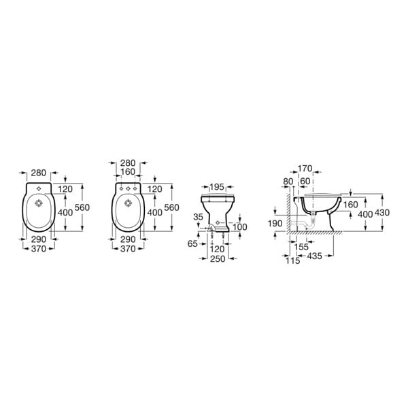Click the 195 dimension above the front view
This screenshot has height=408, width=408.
(x=217, y=187)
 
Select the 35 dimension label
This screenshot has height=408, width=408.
(x=198, y=217)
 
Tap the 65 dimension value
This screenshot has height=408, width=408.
(x=192, y=244)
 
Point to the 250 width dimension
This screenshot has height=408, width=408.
(x=218, y=258)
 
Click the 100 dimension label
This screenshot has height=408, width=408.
(x=239, y=227)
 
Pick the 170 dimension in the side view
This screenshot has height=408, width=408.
(x=305, y=169)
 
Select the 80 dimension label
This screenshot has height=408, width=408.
(x=288, y=182)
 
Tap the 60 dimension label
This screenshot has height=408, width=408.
(x=305, y=182)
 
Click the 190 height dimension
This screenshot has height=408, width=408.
(x=275, y=224)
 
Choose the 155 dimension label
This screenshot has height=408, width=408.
(x=301, y=247)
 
